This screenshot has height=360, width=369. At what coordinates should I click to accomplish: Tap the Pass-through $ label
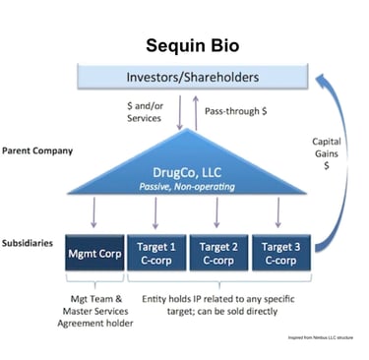(x=232, y=111)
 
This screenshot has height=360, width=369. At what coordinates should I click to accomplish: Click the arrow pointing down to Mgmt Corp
(x=93, y=210)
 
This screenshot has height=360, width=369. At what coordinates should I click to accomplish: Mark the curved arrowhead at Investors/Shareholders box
(x=304, y=76)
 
